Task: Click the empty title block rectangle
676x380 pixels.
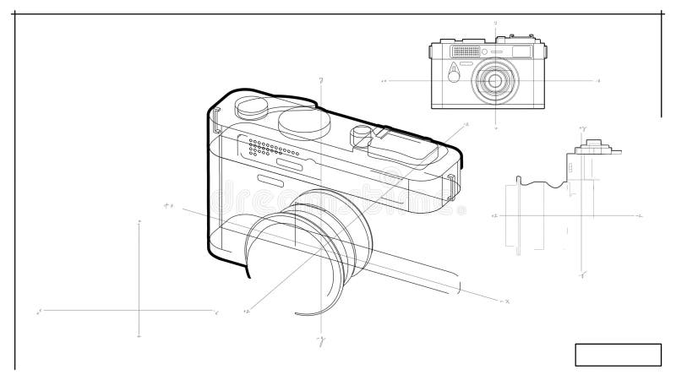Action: coord(618,355)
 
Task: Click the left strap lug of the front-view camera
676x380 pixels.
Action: coord(430,52)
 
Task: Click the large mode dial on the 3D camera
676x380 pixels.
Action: coord(303,122)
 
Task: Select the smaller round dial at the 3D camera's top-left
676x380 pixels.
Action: coord(252,106)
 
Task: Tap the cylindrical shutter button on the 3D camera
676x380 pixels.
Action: coord(362,134)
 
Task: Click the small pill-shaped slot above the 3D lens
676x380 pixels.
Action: coord(271,182)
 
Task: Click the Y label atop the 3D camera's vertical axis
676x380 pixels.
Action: coord(321,81)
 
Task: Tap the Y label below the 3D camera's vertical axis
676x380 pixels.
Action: coord(321,341)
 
